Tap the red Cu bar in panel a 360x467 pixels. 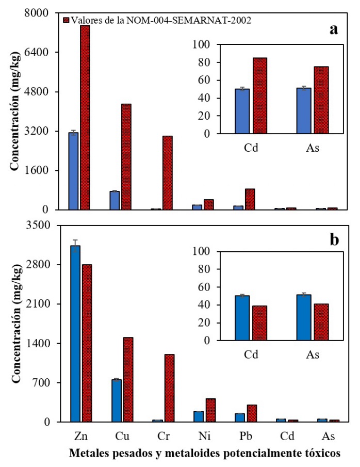pos(126,157)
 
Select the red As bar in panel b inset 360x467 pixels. pos(321,322)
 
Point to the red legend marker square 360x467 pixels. pos(66,20)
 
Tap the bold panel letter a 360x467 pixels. pos(334,29)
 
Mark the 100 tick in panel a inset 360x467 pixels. pos(203,45)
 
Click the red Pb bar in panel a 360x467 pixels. pos(250,199)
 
